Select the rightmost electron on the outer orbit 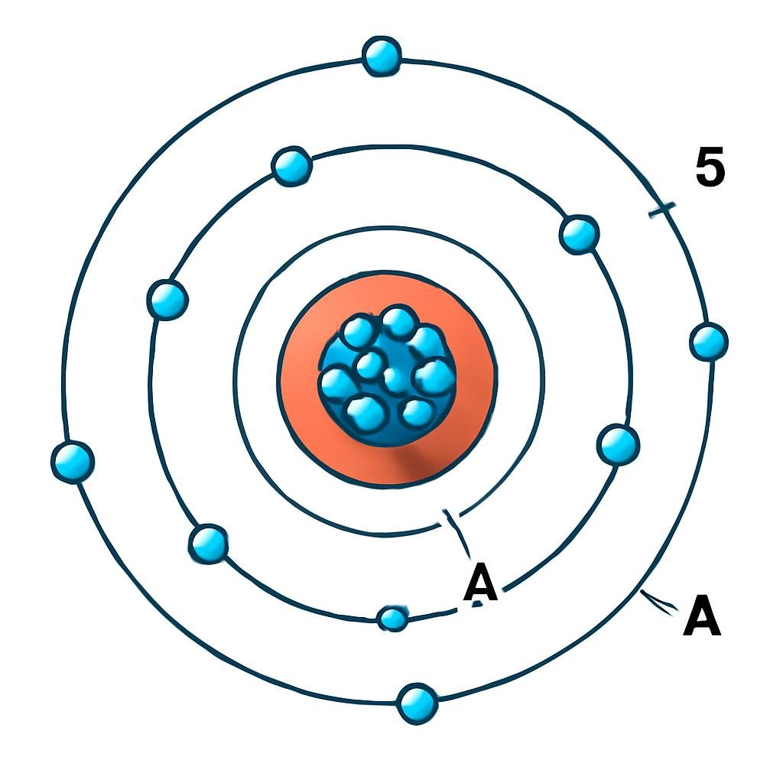[x=709, y=342]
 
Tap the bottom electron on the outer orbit [x=417, y=703]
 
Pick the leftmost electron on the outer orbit [x=73, y=463]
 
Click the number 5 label [x=710, y=167]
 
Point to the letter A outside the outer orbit [x=702, y=615]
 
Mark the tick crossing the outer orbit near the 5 [x=661, y=210]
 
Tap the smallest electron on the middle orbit [x=394, y=619]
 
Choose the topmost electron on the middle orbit [x=291, y=166]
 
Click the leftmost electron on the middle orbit [x=167, y=300]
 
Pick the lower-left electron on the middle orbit [x=209, y=544]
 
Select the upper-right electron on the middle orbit [x=580, y=235]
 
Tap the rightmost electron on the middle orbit [x=618, y=445]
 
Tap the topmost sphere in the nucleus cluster [x=398, y=322]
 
